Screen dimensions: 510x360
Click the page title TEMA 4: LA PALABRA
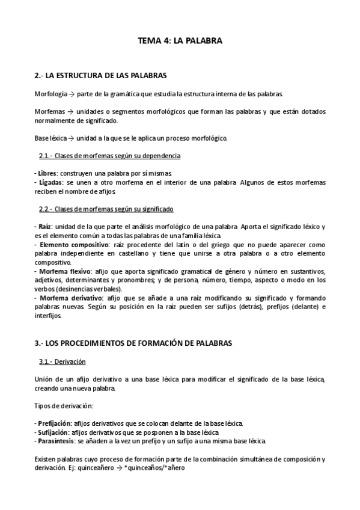click(180, 41)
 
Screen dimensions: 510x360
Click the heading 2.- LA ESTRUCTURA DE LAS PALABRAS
click(100, 76)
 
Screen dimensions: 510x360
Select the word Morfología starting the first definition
click(50, 94)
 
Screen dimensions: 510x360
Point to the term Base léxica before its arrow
click(50, 138)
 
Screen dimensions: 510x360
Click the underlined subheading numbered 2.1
click(109, 156)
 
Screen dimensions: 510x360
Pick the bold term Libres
click(45, 173)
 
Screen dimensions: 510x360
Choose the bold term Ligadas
click(47, 182)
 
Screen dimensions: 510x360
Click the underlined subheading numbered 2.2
click(106, 209)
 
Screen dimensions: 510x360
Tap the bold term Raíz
click(43, 226)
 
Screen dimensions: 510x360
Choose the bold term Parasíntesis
click(55, 441)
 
